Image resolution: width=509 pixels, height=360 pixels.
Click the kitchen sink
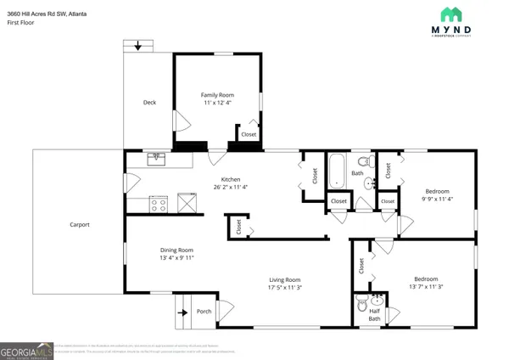(156, 157)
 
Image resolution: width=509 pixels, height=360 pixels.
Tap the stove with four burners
(158, 203)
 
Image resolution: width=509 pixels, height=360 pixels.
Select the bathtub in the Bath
(337, 170)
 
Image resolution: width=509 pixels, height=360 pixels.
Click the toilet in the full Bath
(362, 160)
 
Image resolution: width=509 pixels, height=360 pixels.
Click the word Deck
(149, 103)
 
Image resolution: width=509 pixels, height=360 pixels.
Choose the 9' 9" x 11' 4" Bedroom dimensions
(436, 201)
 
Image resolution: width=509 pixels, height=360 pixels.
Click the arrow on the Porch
(181, 311)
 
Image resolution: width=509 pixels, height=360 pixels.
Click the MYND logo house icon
(451, 15)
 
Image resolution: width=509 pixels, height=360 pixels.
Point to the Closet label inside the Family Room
(249, 135)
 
